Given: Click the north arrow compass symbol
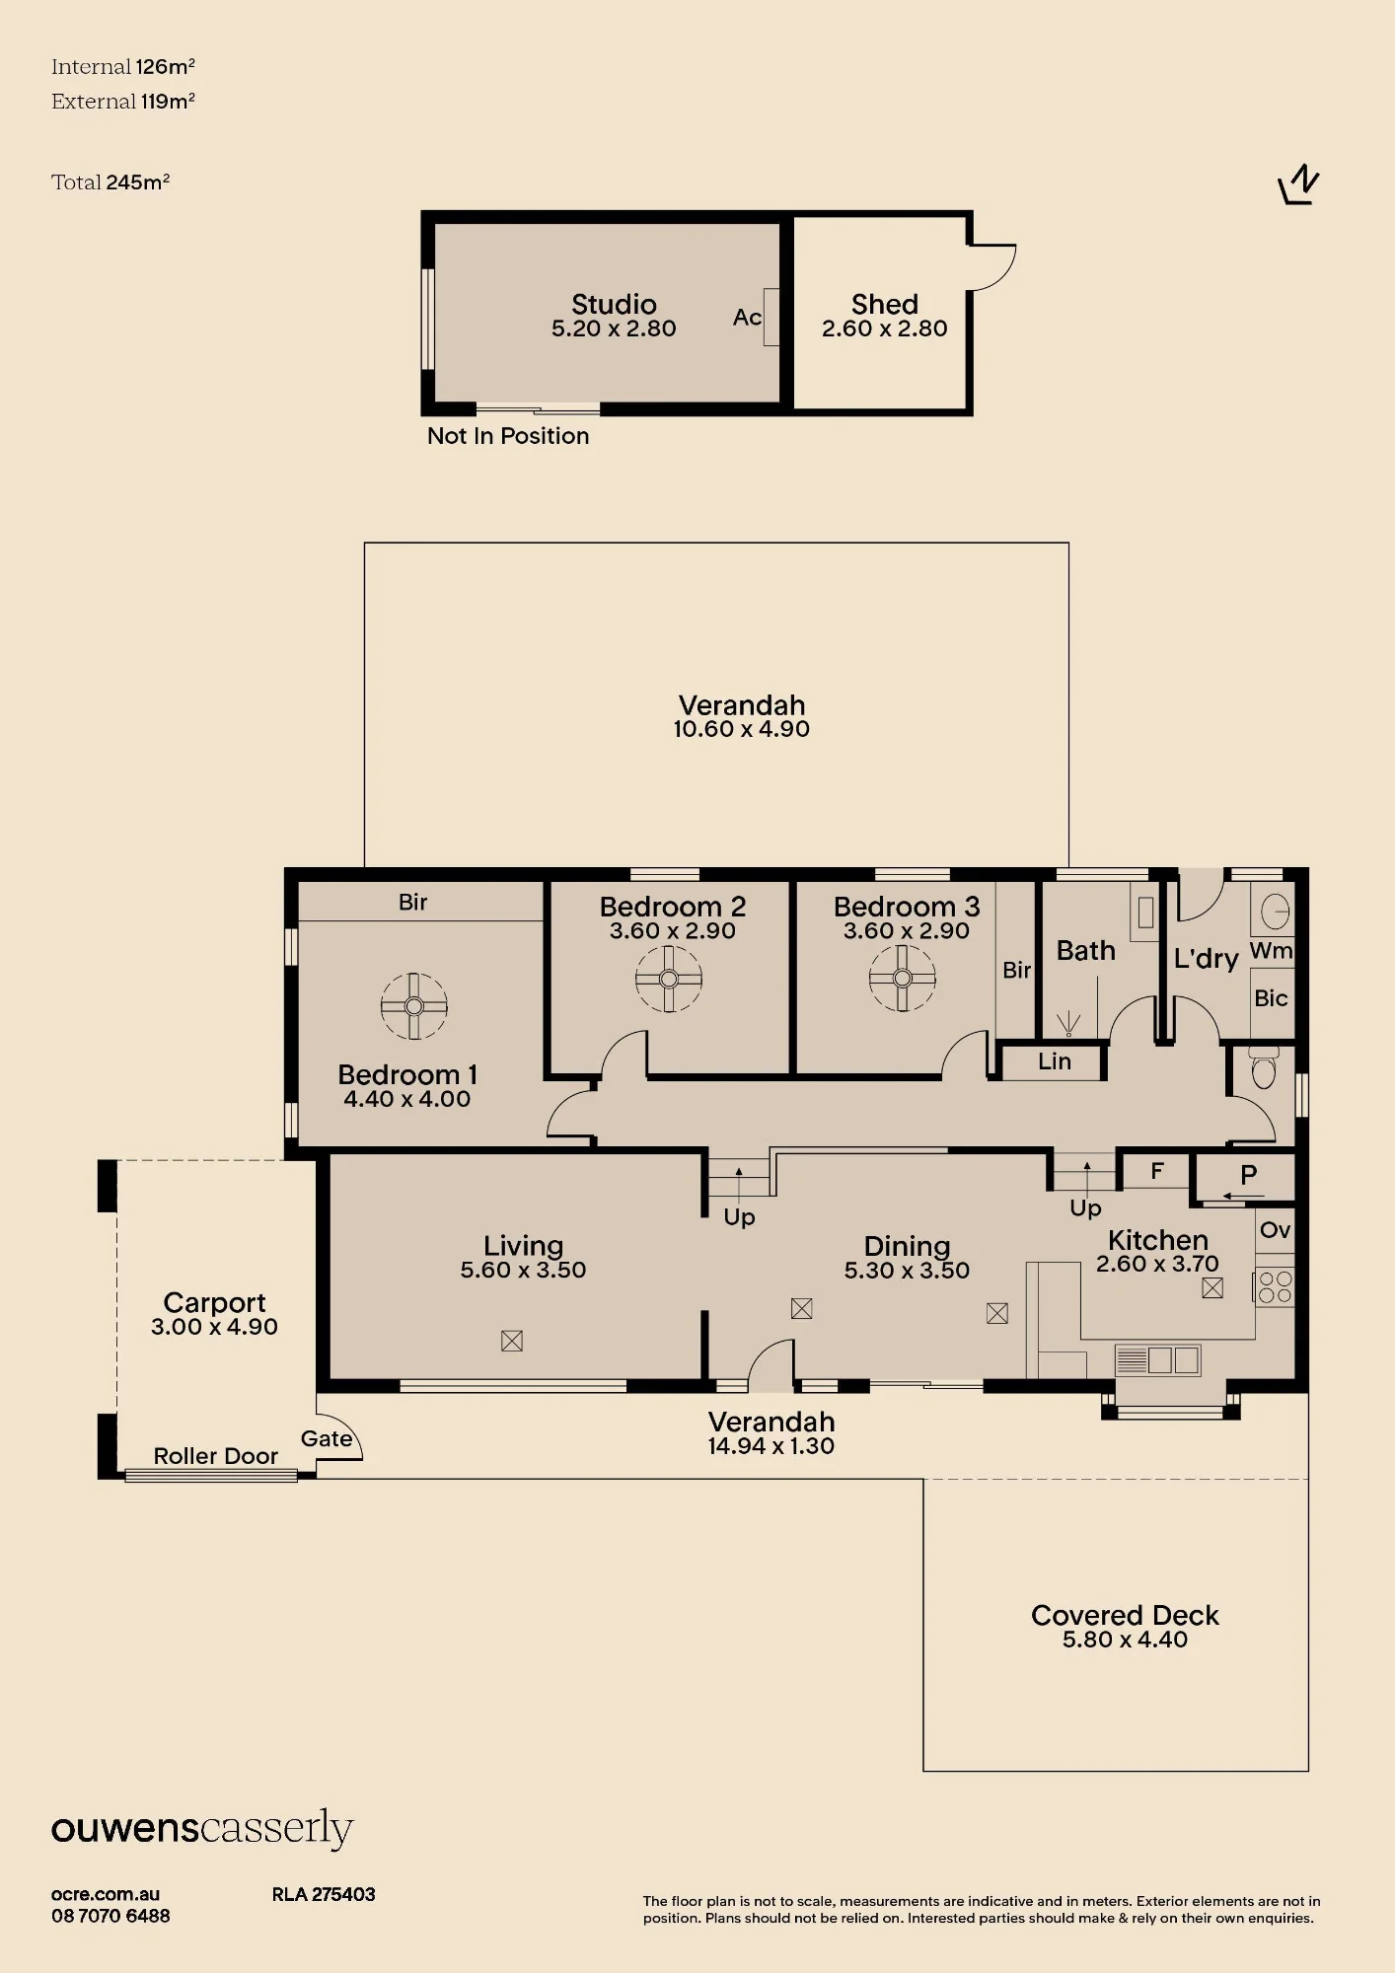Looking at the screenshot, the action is [x=1298, y=184].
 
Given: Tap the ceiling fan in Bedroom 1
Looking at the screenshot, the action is [x=414, y=1006].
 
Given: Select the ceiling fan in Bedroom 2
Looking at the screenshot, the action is [x=669, y=980].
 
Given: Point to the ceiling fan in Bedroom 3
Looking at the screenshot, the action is [x=902, y=979].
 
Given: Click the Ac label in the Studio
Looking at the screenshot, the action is [x=747, y=317].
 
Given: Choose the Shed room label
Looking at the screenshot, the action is [x=885, y=304].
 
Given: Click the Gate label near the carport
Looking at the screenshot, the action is [x=327, y=1439].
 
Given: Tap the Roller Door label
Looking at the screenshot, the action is [x=215, y=1456].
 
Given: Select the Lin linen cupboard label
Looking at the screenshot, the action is [x=1055, y=1061].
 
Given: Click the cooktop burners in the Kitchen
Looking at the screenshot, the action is [x=1275, y=1287].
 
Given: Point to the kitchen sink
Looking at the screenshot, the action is [x=1158, y=1360].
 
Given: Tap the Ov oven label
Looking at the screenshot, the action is [x=1275, y=1230].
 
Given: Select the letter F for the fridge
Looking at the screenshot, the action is [x=1157, y=1171].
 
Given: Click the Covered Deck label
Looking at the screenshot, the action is [x=1125, y=1615].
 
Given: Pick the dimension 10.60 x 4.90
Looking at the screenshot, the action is [x=742, y=729].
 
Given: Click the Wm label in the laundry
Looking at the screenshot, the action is [x=1271, y=950].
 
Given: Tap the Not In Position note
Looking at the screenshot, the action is [x=508, y=436].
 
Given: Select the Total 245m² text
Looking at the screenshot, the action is [x=110, y=182].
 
